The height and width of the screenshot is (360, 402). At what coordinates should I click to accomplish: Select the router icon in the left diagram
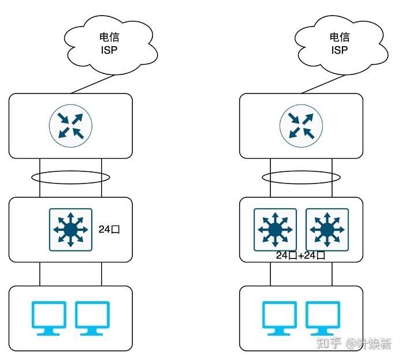coord(70,126)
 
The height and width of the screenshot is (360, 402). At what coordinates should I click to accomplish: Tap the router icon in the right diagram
coord(301,126)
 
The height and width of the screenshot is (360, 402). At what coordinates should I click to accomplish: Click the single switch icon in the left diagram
coord(70,230)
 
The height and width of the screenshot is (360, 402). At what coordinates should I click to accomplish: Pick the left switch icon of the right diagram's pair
coord(275,230)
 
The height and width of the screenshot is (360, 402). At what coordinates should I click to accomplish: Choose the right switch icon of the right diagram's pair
coord(327,230)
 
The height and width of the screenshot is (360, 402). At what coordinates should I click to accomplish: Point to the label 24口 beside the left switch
coord(109,229)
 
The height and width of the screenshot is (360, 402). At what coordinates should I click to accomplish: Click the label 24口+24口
coord(300,255)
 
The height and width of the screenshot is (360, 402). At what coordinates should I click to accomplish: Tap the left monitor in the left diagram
coord(49,318)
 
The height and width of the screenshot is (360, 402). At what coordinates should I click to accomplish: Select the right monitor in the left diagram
coord(92,318)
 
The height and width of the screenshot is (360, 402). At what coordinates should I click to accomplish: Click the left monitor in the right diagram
coord(280,318)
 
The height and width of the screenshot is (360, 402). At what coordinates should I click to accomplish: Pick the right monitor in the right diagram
coord(323,318)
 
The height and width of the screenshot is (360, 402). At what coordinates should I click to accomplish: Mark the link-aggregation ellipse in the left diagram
coord(70,171)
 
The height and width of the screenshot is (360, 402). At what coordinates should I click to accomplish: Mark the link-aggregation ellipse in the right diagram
coord(301,171)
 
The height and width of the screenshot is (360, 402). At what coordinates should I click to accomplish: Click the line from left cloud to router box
coord(92,84)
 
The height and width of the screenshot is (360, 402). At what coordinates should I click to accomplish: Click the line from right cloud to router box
coord(323,84)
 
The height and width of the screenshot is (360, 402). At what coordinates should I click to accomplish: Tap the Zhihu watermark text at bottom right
coord(354,343)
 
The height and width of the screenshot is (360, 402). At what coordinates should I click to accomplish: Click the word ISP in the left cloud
coord(109,50)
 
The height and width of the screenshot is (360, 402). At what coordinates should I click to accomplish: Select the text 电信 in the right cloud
coord(340,37)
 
